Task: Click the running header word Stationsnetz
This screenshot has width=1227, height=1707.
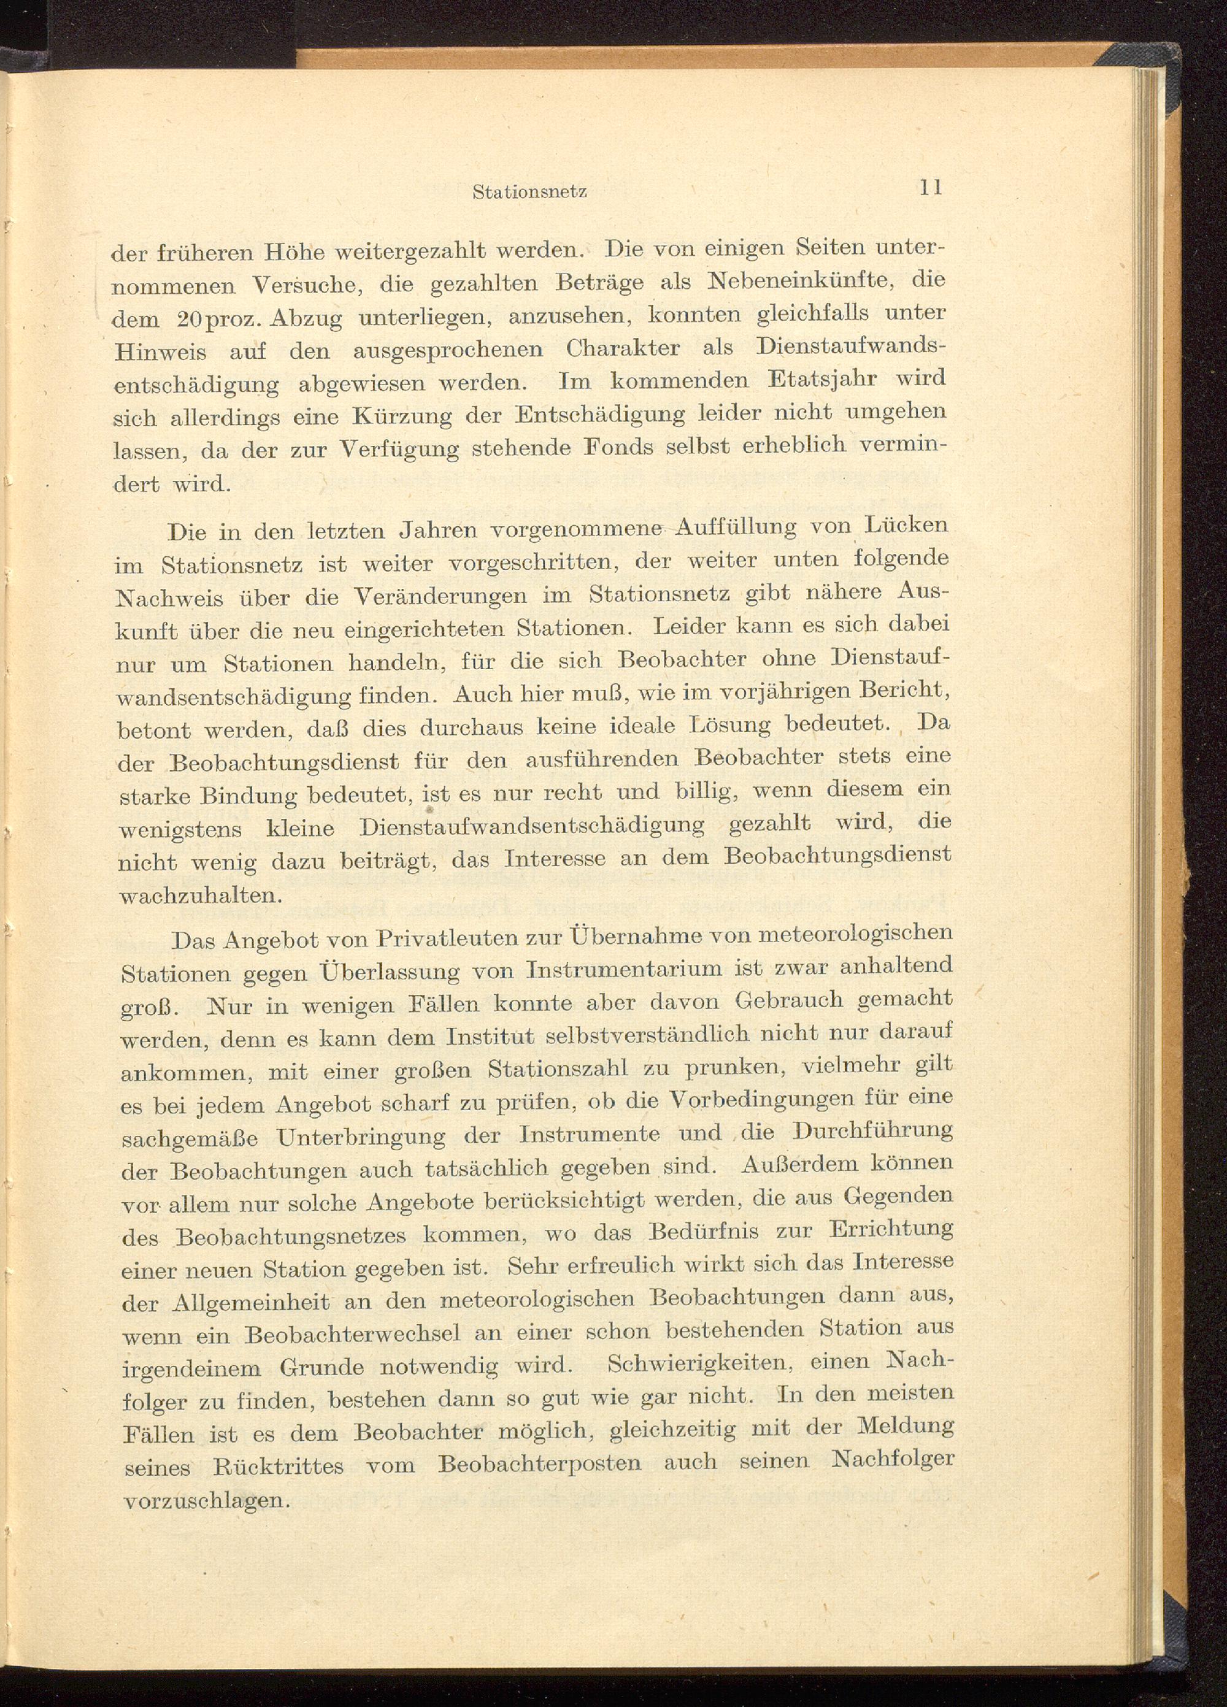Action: (x=529, y=192)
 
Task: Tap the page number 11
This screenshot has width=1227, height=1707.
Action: (x=931, y=188)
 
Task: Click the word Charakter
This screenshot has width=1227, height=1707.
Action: (x=623, y=349)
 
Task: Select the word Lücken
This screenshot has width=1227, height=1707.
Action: (x=906, y=524)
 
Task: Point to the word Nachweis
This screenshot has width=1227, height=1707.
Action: (x=169, y=597)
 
